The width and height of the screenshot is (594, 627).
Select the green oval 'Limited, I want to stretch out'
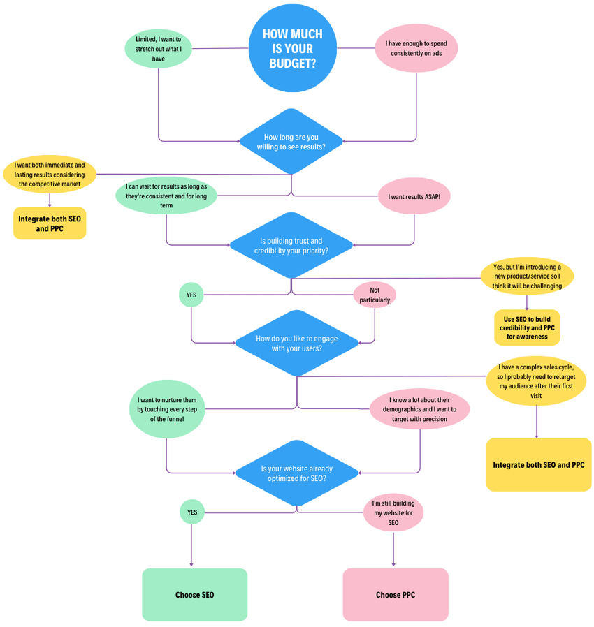pyautogui.click(x=159, y=49)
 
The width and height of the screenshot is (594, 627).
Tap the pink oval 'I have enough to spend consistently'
pyautogui.click(x=416, y=48)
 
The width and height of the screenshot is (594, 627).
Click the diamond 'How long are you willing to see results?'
pyautogui.click(x=291, y=142)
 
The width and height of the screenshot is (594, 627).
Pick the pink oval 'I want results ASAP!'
pyautogui.click(x=414, y=197)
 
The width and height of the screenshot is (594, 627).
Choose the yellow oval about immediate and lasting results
pyautogui.click(x=50, y=175)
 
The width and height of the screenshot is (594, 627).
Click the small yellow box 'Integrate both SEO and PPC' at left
pyautogui.click(x=50, y=223)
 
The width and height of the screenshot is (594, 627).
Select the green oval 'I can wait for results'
pyautogui.click(x=166, y=196)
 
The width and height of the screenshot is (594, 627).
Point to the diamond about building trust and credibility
pyautogui.click(x=291, y=245)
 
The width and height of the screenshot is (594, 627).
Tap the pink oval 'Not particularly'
pyautogui.click(x=375, y=295)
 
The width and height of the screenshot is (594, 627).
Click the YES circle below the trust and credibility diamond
pyautogui.click(x=191, y=295)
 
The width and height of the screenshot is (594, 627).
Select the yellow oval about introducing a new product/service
pyautogui.click(x=527, y=276)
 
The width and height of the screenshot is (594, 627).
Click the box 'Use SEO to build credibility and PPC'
pyautogui.click(x=527, y=327)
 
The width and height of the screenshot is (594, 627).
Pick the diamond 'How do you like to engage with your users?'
pyautogui.click(x=297, y=343)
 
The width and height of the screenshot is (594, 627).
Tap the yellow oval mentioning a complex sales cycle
pyautogui.click(x=536, y=381)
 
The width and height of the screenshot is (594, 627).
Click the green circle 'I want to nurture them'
pyautogui.click(x=167, y=409)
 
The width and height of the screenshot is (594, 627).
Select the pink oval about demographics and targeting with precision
pyautogui.click(x=419, y=409)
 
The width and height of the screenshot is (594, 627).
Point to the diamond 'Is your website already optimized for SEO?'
pyautogui.click(x=297, y=473)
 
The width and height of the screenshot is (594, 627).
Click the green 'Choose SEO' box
pyautogui.click(x=194, y=594)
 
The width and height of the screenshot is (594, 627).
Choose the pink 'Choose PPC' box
pyautogui.click(x=395, y=594)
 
